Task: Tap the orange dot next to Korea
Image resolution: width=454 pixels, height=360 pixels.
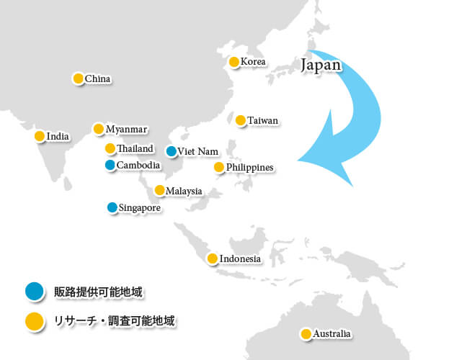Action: coord(234,62)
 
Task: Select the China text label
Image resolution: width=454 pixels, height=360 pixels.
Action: coord(98,78)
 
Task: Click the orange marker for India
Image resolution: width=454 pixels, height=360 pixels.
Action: coord(40,136)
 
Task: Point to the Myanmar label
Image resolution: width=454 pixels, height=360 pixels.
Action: coord(126,130)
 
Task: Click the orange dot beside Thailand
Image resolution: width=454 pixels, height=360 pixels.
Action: coord(110,148)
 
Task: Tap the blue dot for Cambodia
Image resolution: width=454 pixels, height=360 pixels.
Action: coord(110,166)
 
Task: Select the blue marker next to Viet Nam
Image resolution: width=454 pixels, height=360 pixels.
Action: coord(171,151)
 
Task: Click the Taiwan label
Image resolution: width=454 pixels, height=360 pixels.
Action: coord(262,120)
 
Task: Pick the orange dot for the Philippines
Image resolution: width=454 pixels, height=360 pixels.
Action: coord(219,167)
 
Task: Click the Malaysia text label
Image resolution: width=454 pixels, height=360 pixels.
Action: coord(184,191)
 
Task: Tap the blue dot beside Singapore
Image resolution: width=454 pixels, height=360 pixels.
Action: coord(112,207)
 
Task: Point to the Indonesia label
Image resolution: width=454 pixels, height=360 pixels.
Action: coord(240,258)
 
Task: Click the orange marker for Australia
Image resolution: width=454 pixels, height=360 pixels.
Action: coord(306,334)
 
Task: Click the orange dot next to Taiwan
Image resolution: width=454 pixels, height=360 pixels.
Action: coord(241,120)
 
